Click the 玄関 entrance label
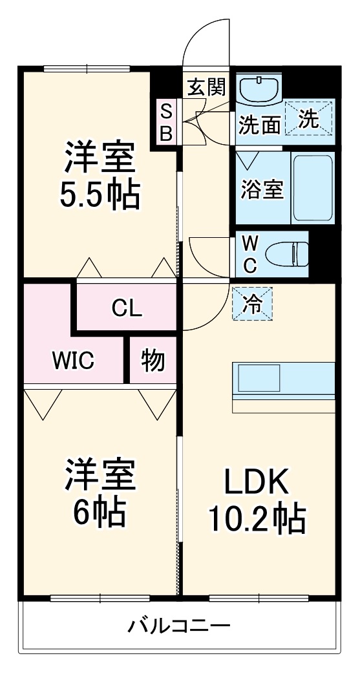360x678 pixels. tap(207, 88)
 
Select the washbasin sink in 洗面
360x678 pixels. tap(259, 89)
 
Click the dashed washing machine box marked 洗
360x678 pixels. tap(308, 118)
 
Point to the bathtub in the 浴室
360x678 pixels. tap(313, 188)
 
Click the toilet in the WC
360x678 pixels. tap(287, 254)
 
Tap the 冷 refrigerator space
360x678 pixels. tap(253, 304)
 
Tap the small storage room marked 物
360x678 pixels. tap(153, 360)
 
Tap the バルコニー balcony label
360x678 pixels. tap(179, 625)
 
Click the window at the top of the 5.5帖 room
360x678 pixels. tap(87, 68)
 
